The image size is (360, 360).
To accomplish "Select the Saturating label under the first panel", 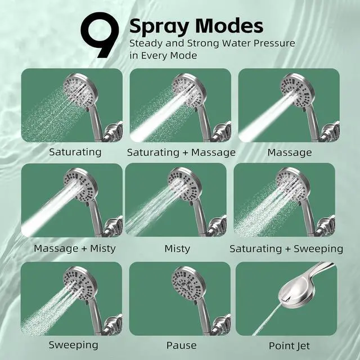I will tap(75, 152).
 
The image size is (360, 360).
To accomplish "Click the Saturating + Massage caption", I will tap(181, 152).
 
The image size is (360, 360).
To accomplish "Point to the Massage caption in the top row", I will tap(289, 152).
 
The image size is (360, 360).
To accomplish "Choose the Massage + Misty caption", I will tap(75, 248).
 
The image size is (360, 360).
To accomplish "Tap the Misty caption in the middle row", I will tap(177, 248).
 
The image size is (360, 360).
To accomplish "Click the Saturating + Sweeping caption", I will tap(286, 248).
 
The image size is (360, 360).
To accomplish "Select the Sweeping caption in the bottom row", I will tap(73, 344).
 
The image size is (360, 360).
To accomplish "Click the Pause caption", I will tap(181, 345).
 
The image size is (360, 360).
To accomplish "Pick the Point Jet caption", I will tap(289, 345).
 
